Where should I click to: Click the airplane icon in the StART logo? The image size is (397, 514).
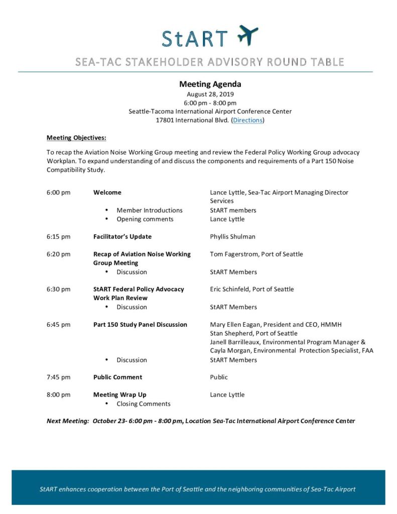(247, 35)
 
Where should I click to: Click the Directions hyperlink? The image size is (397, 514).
(247, 120)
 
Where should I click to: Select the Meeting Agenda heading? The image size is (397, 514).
(210, 84)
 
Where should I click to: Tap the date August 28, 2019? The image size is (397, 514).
(210, 94)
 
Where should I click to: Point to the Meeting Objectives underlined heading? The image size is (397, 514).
(76, 138)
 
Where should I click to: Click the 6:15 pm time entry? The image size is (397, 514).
(59, 236)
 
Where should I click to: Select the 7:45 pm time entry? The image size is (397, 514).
(59, 377)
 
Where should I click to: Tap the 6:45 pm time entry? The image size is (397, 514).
(59, 324)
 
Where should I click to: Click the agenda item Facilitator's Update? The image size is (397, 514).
(122, 236)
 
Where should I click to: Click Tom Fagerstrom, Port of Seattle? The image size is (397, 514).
(256, 254)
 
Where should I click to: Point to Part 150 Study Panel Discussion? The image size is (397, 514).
(140, 324)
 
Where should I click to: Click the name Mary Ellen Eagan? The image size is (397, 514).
(238, 324)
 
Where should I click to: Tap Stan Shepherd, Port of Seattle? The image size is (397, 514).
(253, 333)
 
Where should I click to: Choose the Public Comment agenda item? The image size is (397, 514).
(117, 377)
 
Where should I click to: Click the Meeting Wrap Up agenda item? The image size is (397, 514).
(120, 395)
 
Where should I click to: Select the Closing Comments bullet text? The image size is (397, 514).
(144, 404)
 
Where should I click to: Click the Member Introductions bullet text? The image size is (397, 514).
(150, 210)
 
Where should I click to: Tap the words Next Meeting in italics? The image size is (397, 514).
(68, 421)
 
